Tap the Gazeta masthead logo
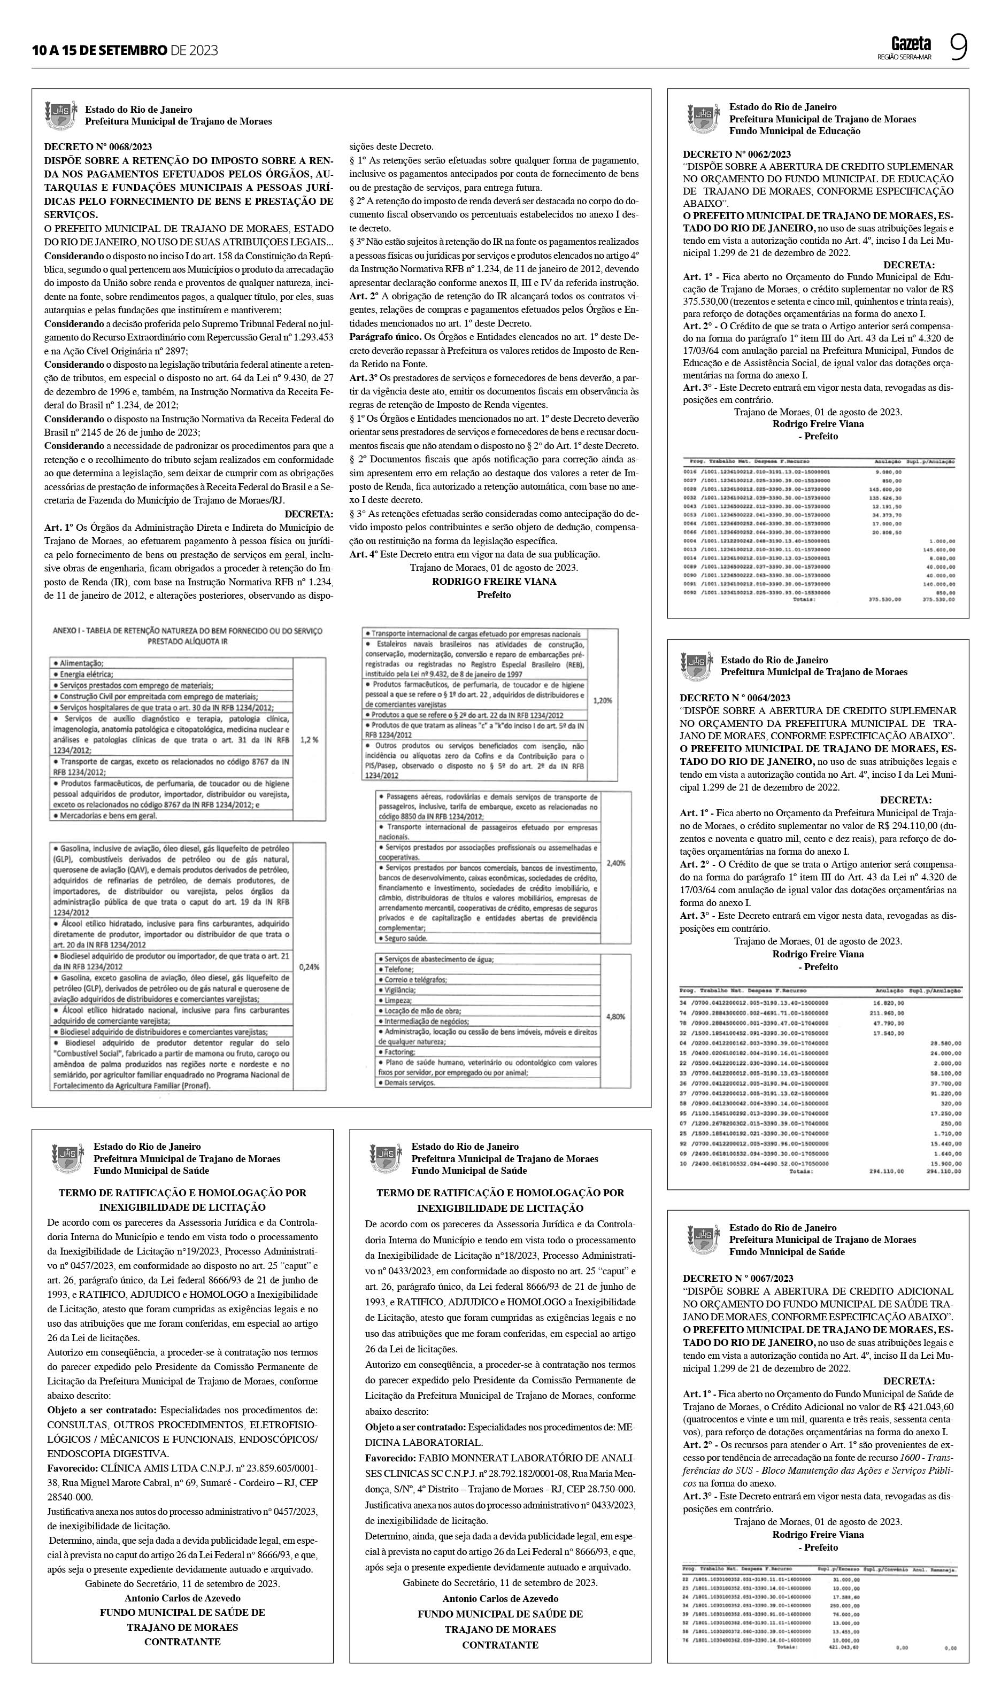click(x=911, y=44)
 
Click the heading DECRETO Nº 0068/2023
click(x=98, y=147)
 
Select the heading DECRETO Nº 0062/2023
click(x=737, y=154)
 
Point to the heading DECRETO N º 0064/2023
click(x=735, y=698)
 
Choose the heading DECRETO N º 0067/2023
click(x=737, y=1278)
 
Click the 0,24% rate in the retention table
click(x=309, y=967)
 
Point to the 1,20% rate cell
click(x=602, y=701)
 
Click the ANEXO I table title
click(x=188, y=636)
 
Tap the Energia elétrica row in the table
click(x=87, y=674)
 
